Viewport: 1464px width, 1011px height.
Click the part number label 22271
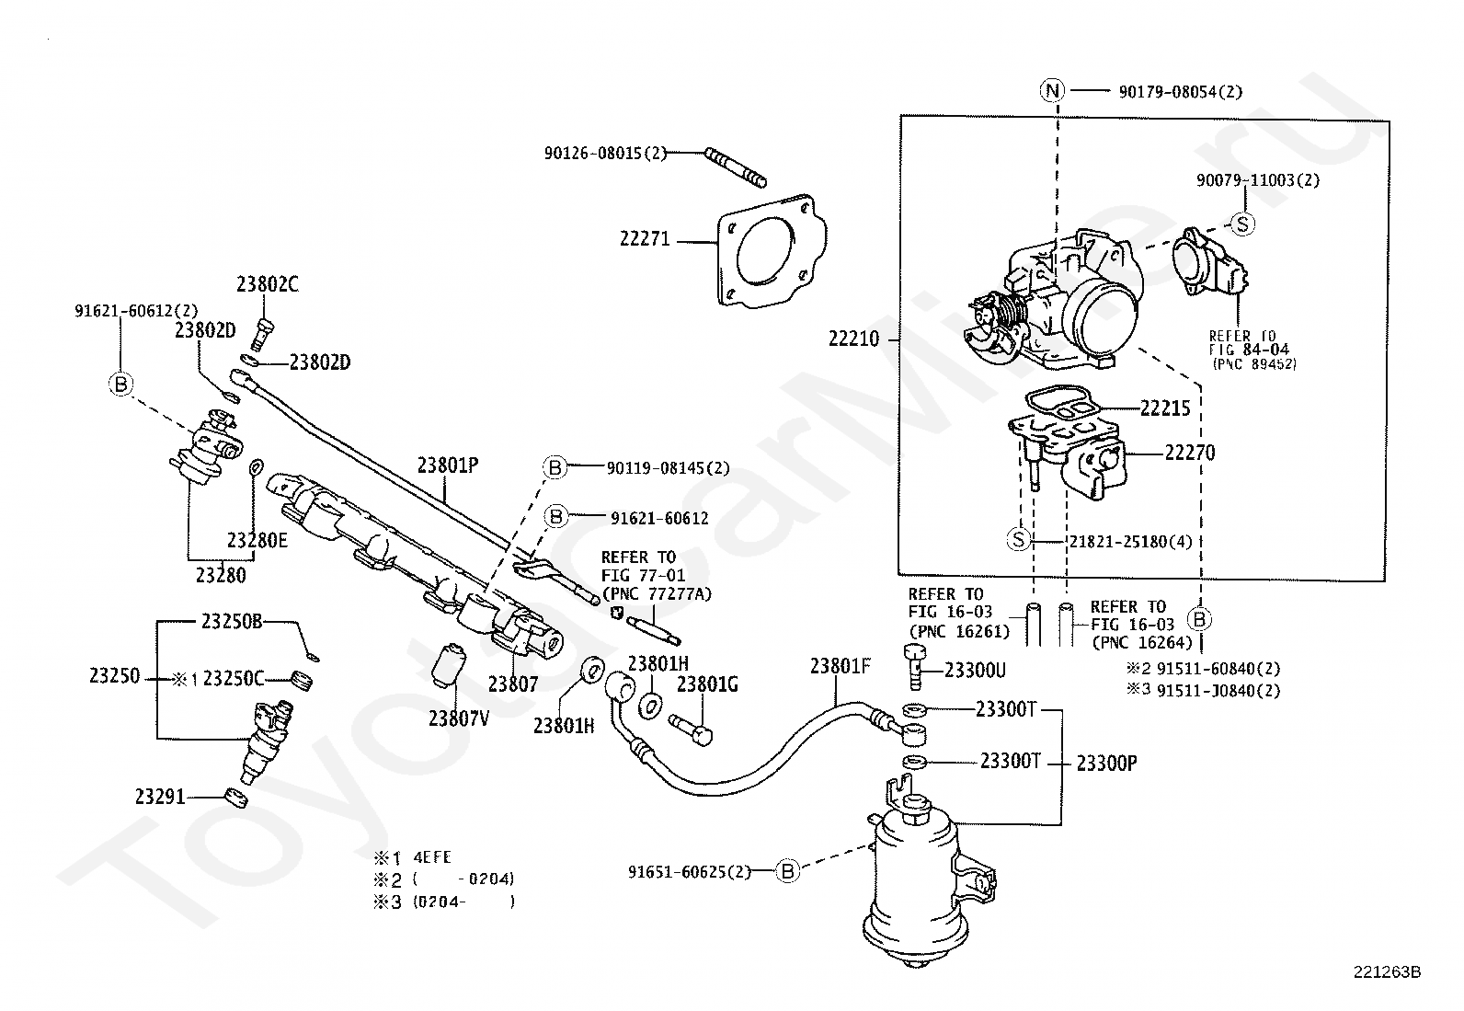click(645, 239)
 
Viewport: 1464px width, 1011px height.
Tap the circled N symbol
click(1052, 90)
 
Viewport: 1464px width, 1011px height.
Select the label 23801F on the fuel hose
click(840, 666)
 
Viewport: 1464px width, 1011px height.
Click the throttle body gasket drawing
click(772, 250)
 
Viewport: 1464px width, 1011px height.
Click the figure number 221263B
click(1387, 971)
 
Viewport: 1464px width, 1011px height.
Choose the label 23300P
click(1106, 764)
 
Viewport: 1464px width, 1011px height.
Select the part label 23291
click(160, 798)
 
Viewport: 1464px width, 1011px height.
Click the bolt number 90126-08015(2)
click(605, 153)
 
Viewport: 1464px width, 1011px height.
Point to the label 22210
click(853, 339)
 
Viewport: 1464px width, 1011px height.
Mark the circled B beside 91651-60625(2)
click(787, 871)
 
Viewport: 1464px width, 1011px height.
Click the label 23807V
click(459, 718)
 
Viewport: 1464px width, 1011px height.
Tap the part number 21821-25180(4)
click(1131, 542)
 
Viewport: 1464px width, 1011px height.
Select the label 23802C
click(268, 284)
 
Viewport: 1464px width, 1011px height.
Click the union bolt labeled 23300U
click(916, 666)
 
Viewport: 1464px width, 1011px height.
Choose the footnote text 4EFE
click(432, 857)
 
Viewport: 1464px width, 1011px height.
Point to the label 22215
click(1165, 408)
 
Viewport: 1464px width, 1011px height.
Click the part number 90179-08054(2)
click(1181, 92)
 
